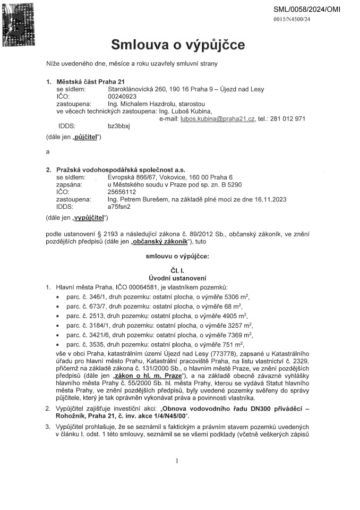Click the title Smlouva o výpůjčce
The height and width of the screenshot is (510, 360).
178,45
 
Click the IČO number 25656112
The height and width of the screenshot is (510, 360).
122,192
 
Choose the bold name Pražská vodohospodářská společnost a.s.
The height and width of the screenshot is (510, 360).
121,169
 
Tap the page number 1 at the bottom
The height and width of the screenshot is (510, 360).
177,461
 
